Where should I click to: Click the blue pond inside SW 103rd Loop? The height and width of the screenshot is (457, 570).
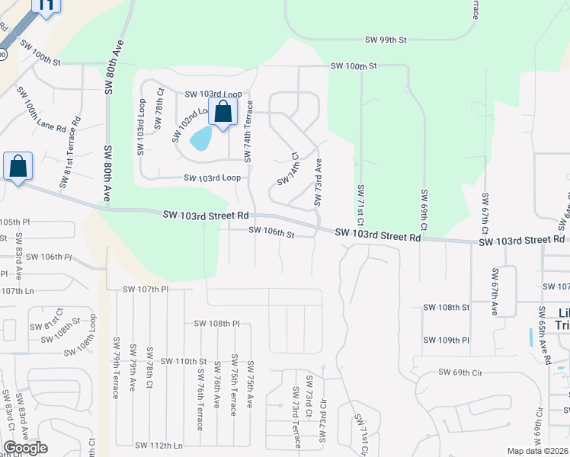tap(200, 139)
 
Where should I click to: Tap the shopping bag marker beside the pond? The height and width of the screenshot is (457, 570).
tap(223, 113)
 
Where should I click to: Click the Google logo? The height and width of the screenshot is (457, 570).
tap(25, 448)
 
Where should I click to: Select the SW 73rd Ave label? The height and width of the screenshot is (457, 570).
tap(319, 182)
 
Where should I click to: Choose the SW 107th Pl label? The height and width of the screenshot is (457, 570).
tap(146, 289)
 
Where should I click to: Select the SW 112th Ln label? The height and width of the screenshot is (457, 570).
tap(159, 445)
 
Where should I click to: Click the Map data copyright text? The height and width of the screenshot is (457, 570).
tap(537, 451)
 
